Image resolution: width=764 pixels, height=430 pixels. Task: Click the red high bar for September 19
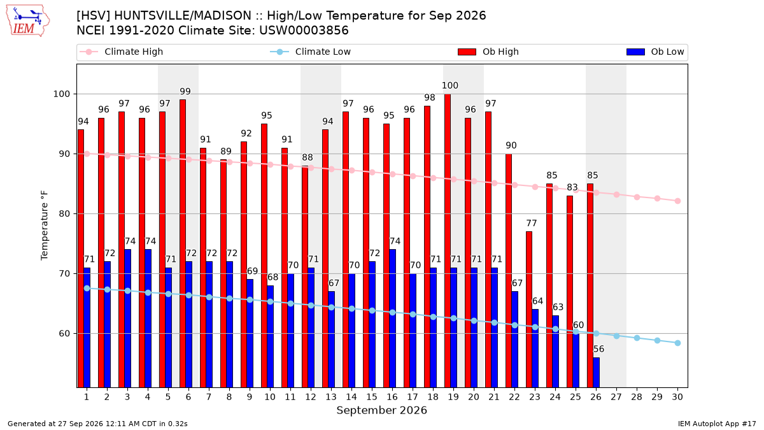pos(448,241)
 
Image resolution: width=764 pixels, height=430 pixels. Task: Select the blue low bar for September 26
pos(596,372)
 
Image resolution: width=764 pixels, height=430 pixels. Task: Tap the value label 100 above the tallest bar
pos(450,85)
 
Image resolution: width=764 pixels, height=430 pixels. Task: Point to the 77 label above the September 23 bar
pos(532,223)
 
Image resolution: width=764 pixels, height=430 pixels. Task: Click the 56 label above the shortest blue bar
pos(598,349)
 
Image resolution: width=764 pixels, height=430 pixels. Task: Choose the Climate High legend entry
pos(122,52)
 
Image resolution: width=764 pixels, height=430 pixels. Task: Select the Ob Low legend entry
pos(655,52)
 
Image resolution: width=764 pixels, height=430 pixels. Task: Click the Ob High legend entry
pos(488,52)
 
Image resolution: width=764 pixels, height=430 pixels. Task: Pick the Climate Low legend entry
pos(311,52)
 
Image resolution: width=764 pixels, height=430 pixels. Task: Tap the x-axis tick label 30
pos(677,397)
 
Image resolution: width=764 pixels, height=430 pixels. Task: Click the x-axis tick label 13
pos(331,397)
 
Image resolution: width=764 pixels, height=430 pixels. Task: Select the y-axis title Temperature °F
pos(45,226)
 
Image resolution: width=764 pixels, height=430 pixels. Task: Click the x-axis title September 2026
pos(381,410)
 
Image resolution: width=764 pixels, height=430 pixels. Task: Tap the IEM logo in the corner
pos(27,21)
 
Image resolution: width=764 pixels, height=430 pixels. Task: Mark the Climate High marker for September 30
pos(677,201)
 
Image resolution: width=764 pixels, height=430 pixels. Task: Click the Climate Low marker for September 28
pos(637,338)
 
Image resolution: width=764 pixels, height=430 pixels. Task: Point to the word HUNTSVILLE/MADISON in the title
pos(183,16)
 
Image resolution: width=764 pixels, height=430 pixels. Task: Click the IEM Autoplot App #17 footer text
pos(717,424)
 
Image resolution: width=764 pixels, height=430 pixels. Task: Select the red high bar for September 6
pos(183,243)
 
